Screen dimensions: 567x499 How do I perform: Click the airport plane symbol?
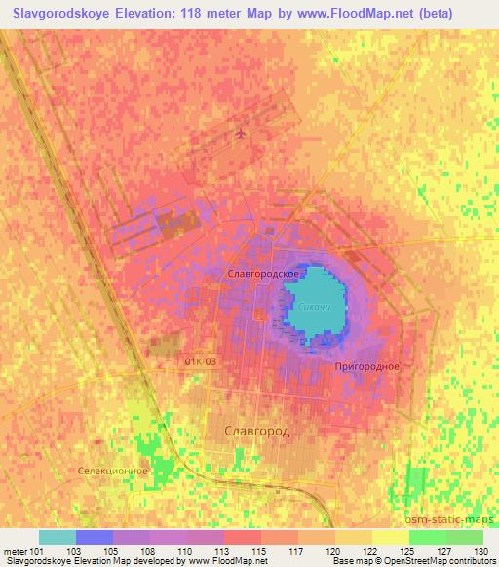241,132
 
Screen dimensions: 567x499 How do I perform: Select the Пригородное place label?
366,366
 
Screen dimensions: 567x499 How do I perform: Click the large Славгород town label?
249,429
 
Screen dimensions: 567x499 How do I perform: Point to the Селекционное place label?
113,470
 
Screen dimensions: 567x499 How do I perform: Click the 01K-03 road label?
201,360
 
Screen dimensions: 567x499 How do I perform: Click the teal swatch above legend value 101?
58,537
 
